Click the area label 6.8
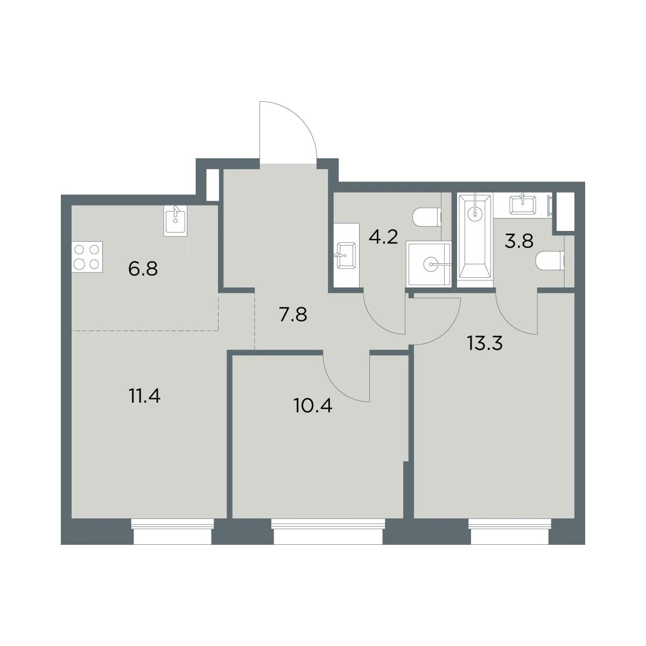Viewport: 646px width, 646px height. (143, 269)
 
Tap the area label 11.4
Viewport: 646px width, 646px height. (144, 396)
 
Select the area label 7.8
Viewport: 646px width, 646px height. (293, 315)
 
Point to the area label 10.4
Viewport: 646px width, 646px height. (312, 406)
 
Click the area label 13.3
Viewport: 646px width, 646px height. (484, 343)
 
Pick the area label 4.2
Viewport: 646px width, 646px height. (383, 237)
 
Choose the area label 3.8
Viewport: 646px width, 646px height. (519, 241)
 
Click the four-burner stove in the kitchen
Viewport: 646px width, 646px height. (87, 257)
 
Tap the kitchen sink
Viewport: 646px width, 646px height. (175, 221)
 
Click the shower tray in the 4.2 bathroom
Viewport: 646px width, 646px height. (429, 264)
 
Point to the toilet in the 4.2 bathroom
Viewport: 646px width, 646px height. (427, 217)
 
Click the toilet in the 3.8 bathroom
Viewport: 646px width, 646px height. (550, 261)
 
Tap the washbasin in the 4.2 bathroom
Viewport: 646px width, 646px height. (346, 256)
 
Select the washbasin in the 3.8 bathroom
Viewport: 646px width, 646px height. (523, 205)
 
